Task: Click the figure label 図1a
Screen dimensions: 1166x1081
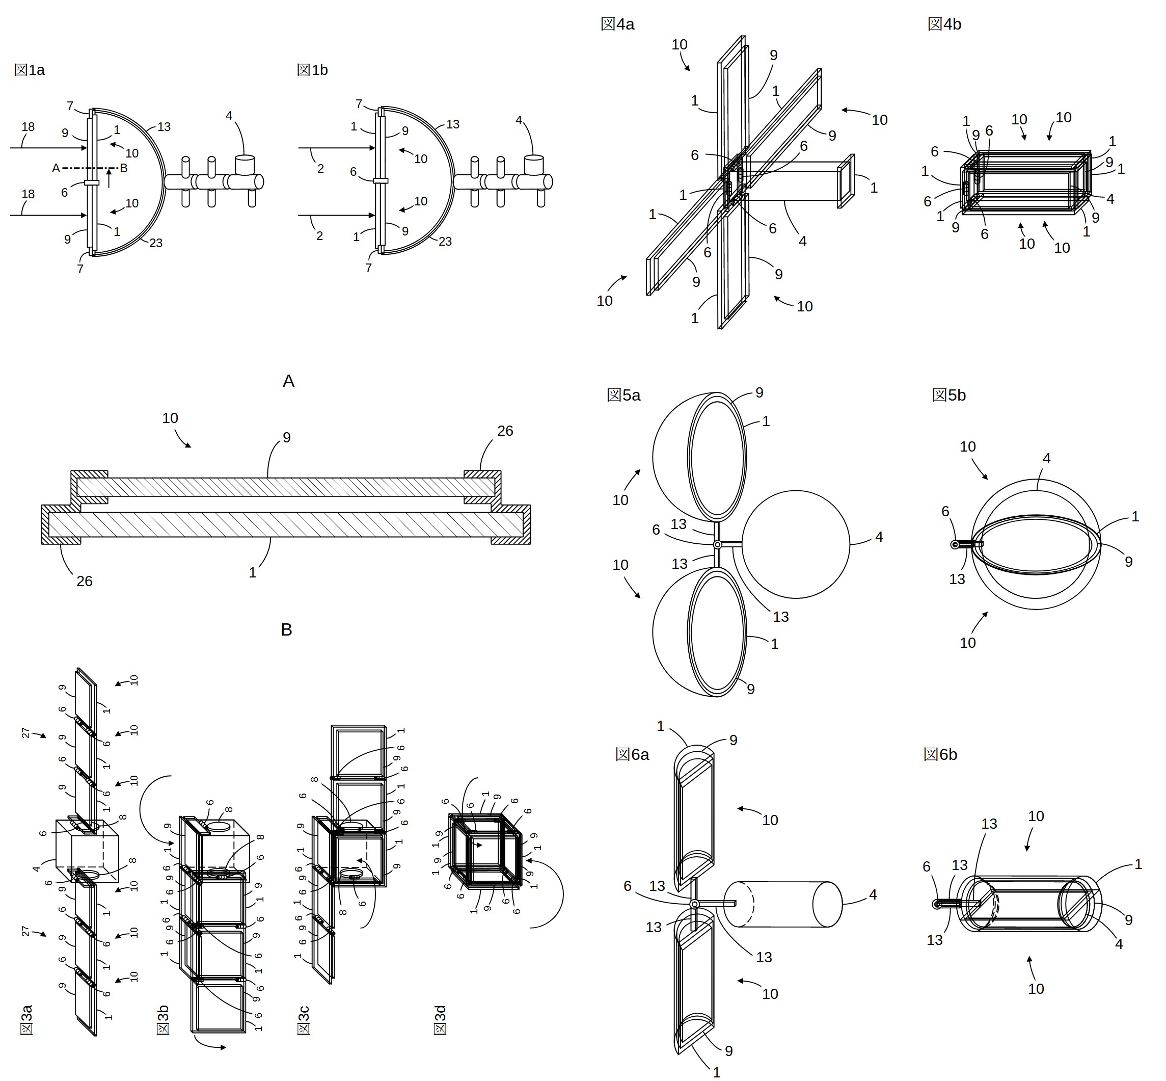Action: point(29,70)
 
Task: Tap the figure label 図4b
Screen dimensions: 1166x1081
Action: point(944,24)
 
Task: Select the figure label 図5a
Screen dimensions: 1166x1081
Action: point(623,396)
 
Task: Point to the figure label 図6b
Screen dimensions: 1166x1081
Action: point(940,755)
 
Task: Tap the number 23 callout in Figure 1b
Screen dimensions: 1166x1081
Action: point(445,242)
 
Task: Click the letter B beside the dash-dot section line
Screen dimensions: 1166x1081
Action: point(123,169)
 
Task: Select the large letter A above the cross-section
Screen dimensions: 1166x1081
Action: point(288,381)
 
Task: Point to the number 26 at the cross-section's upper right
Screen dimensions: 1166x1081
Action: point(505,431)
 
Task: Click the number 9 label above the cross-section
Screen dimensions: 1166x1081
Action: point(286,437)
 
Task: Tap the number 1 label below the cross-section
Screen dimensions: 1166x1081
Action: point(253,573)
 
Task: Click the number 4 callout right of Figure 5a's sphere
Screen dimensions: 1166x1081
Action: point(879,537)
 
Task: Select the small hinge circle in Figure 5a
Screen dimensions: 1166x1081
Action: point(718,545)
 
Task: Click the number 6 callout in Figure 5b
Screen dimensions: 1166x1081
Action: point(945,512)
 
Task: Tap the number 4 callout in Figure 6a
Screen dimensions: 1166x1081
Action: point(873,894)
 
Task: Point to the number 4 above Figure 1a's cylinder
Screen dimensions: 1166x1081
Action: point(229,116)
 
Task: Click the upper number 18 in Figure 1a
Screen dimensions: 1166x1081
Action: point(28,127)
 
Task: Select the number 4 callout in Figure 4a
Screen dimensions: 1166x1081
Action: point(803,241)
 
